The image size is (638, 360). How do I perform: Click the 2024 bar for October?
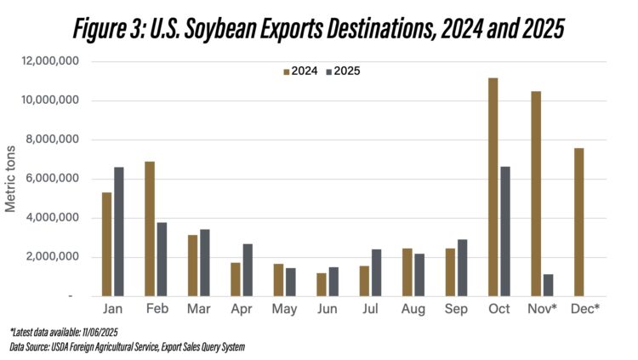(x=493, y=187)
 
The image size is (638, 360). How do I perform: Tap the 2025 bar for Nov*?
(x=549, y=285)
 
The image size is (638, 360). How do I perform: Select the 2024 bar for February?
(x=150, y=229)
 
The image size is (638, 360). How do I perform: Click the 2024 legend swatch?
(x=286, y=71)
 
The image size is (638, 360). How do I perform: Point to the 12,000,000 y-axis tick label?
(x=51, y=61)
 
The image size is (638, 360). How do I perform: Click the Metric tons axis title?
(x=11, y=179)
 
